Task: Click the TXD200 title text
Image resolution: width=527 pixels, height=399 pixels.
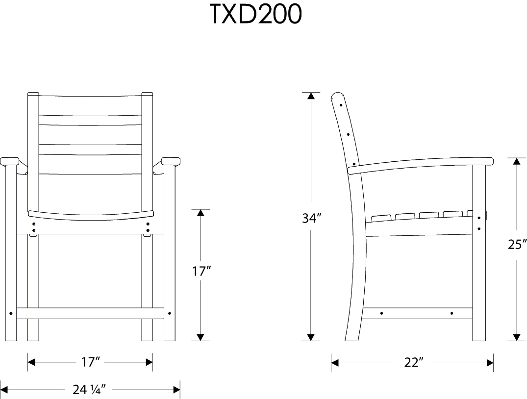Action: [x=255, y=15]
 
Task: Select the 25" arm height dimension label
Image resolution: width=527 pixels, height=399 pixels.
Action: [x=517, y=244]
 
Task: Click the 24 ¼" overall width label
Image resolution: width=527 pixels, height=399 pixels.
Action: [x=90, y=390]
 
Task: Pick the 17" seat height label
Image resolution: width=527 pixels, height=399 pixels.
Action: [x=201, y=271]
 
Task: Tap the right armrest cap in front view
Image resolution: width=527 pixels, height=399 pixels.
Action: [x=171, y=161]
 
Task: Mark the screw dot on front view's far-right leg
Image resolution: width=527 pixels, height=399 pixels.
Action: [x=170, y=313]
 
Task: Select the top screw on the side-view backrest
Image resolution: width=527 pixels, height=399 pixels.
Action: [x=341, y=104]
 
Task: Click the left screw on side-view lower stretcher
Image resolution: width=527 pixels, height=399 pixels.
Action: [x=382, y=313]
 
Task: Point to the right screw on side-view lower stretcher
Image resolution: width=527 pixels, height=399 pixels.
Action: [x=452, y=313]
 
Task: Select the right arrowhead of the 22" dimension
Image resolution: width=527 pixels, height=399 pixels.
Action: [x=489, y=362]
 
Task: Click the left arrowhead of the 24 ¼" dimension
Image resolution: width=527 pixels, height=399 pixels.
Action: [x=4, y=390]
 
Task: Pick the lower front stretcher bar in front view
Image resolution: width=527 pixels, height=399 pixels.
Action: [x=90, y=313]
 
